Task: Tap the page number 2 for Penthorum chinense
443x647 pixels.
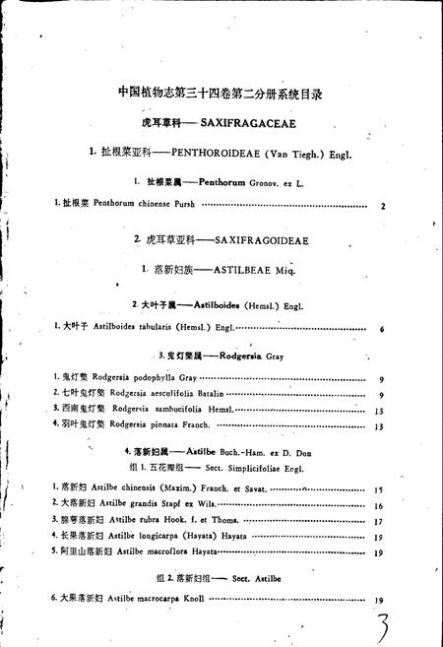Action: pyautogui.click(x=381, y=205)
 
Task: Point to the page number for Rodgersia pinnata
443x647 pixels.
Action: pyautogui.click(x=379, y=425)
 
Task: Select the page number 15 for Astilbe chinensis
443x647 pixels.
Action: pyautogui.click(x=379, y=488)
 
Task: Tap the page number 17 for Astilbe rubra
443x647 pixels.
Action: pyautogui.click(x=379, y=521)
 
